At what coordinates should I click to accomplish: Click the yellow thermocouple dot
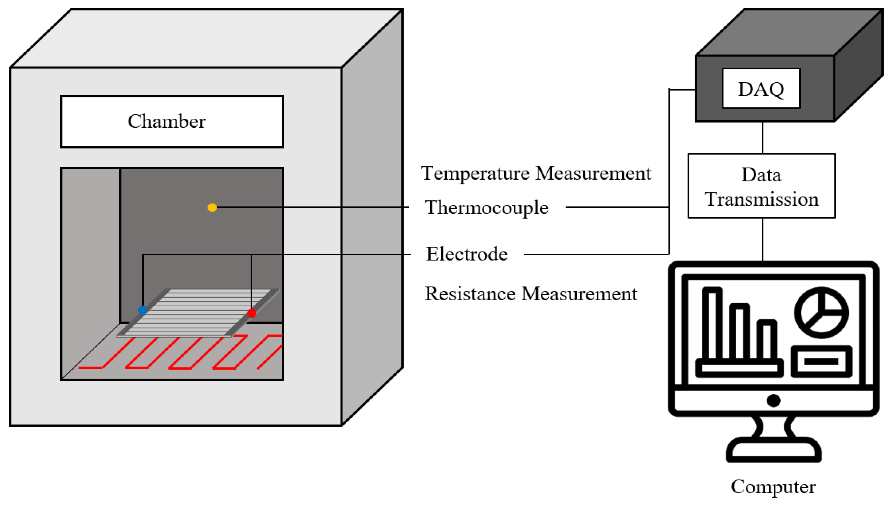click(212, 208)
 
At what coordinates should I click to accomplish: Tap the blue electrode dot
click(142, 310)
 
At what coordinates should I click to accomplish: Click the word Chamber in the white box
click(166, 121)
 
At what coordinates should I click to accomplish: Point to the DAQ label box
click(761, 89)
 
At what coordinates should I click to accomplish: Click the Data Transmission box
click(761, 186)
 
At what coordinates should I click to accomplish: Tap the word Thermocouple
click(486, 208)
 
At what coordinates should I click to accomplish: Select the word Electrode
click(467, 254)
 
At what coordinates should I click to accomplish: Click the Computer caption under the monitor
click(773, 487)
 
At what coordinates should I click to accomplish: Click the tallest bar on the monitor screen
click(712, 323)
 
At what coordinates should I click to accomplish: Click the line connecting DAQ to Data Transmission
click(762, 138)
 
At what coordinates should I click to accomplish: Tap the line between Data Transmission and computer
click(762, 239)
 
